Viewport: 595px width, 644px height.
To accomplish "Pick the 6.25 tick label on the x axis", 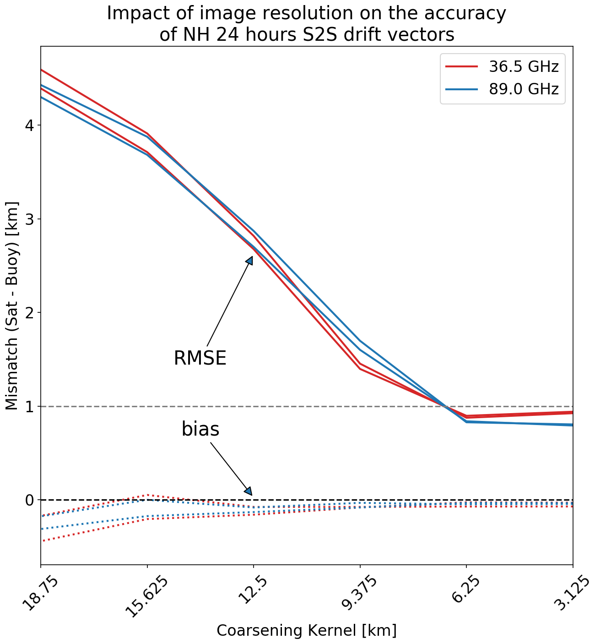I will (x=465, y=591).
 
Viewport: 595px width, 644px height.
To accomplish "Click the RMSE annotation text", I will (x=200, y=358).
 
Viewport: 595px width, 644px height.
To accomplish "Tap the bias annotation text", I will (x=200, y=430).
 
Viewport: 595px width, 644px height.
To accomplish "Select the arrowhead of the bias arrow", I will (x=249, y=491).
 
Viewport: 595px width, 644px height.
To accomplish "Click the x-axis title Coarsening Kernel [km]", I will (x=306, y=631).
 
